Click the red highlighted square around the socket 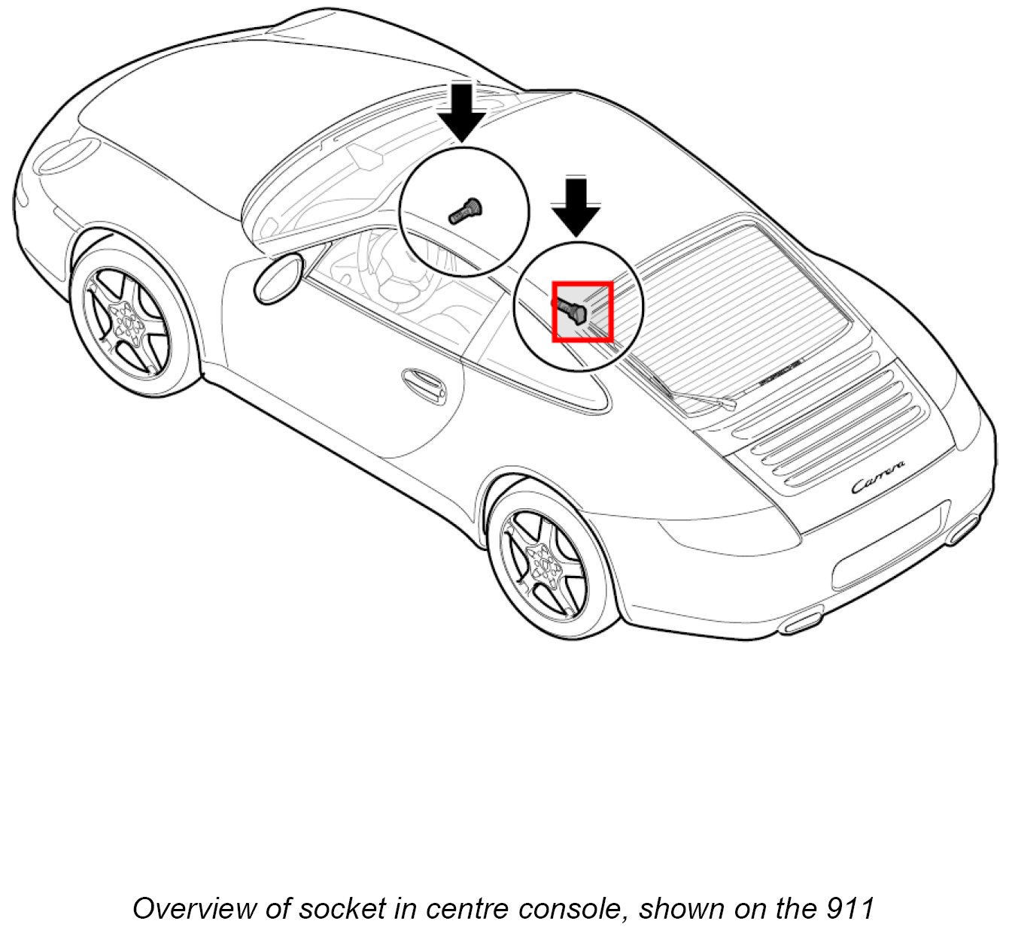(x=582, y=311)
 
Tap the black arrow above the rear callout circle (x=576, y=207)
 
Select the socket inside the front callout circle (x=465, y=209)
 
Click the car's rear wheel (x=548, y=562)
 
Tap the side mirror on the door (x=278, y=278)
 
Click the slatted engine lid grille (x=835, y=421)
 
